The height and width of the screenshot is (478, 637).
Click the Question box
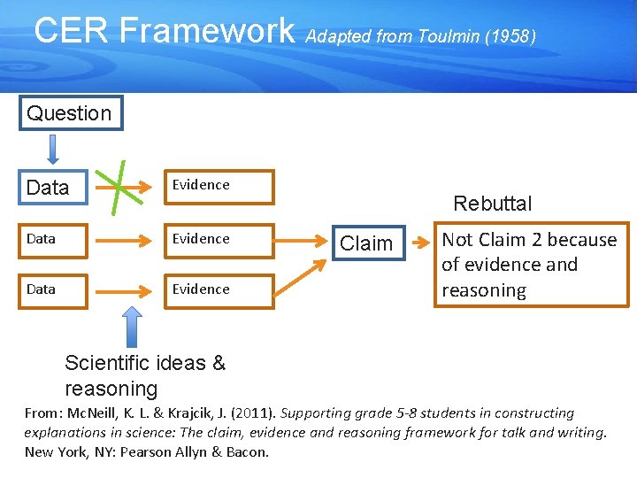coord(71,113)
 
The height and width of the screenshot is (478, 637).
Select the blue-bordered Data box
coord(54,188)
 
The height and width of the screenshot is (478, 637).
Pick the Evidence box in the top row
coord(219,187)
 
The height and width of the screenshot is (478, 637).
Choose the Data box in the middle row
coord(54,240)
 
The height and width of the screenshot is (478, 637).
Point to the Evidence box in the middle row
coord(219,240)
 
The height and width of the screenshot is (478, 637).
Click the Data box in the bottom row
coord(54,290)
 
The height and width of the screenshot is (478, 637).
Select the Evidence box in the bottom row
coord(219,290)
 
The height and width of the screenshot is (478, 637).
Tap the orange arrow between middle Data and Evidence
coord(121,240)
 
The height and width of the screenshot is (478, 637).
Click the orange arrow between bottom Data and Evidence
coord(121,290)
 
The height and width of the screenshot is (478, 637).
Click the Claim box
coord(366,243)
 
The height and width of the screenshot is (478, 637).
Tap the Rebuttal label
coord(492,204)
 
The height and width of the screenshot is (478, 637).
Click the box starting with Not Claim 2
coord(531,265)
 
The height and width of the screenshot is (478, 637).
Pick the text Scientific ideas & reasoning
coord(145,375)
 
